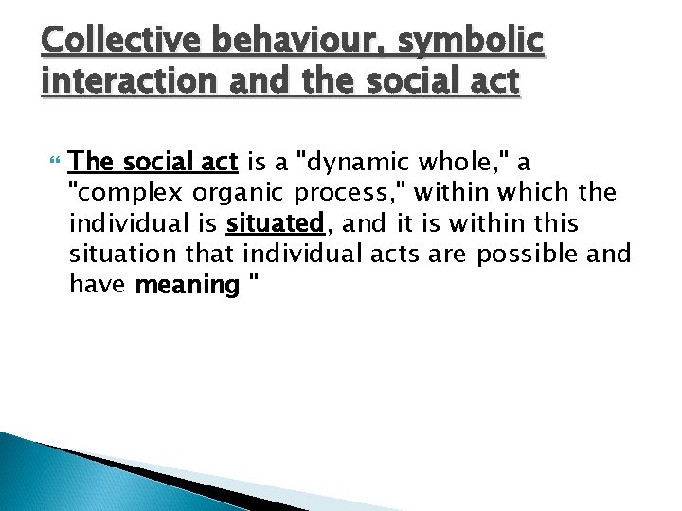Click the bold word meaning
(x=188, y=285)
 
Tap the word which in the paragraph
(x=533, y=193)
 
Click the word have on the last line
(x=98, y=284)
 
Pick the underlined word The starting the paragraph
(x=93, y=163)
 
